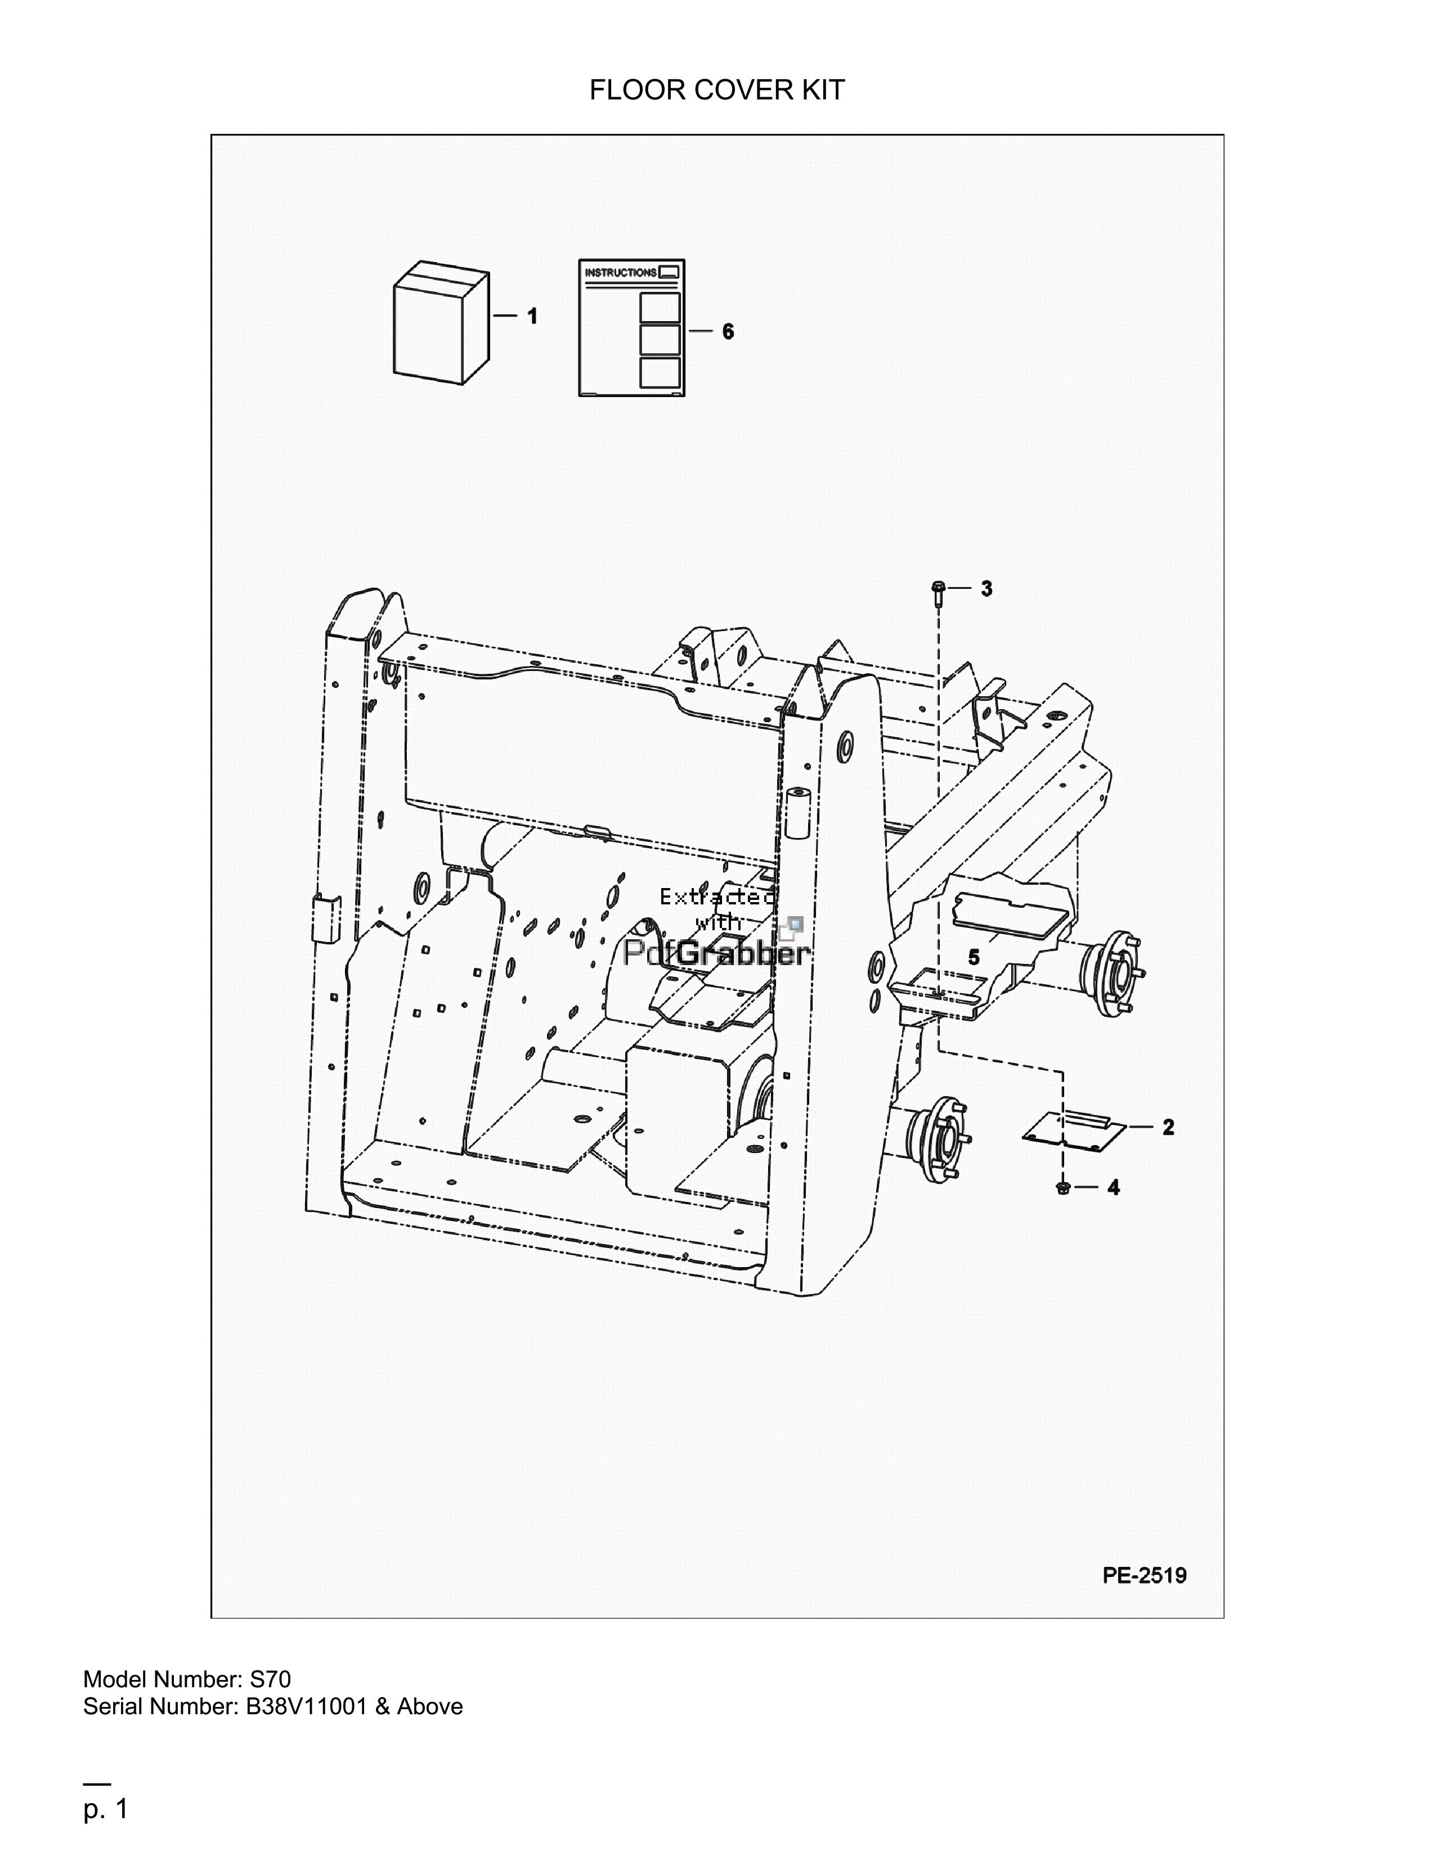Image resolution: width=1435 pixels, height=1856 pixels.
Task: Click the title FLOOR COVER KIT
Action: click(x=716, y=90)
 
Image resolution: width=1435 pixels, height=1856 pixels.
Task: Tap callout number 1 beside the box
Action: click(x=532, y=316)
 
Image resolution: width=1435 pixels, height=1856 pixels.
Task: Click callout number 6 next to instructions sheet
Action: click(x=728, y=331)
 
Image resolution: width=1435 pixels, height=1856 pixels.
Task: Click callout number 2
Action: click(x=1168, y=1127)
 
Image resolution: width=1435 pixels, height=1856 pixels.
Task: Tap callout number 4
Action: click(x=1114, y=1187)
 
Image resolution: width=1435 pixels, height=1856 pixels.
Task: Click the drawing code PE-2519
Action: click(x=1144, y=1575)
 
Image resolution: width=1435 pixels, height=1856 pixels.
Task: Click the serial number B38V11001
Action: click(x=305, y=1706)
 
